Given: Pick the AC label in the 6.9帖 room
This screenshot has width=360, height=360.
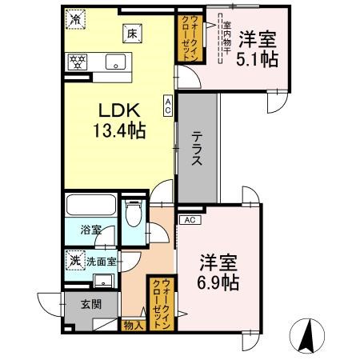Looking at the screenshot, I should tap(190, 219).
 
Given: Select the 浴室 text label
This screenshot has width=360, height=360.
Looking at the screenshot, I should tap(90, 230).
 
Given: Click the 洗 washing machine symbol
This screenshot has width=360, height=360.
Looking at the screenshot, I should tap(74, 260).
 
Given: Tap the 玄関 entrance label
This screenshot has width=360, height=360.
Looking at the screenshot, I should tap(90, 303).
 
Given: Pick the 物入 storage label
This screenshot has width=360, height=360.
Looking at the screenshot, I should tap(133, 325).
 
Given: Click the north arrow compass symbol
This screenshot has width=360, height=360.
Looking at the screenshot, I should tap(306, 334).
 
